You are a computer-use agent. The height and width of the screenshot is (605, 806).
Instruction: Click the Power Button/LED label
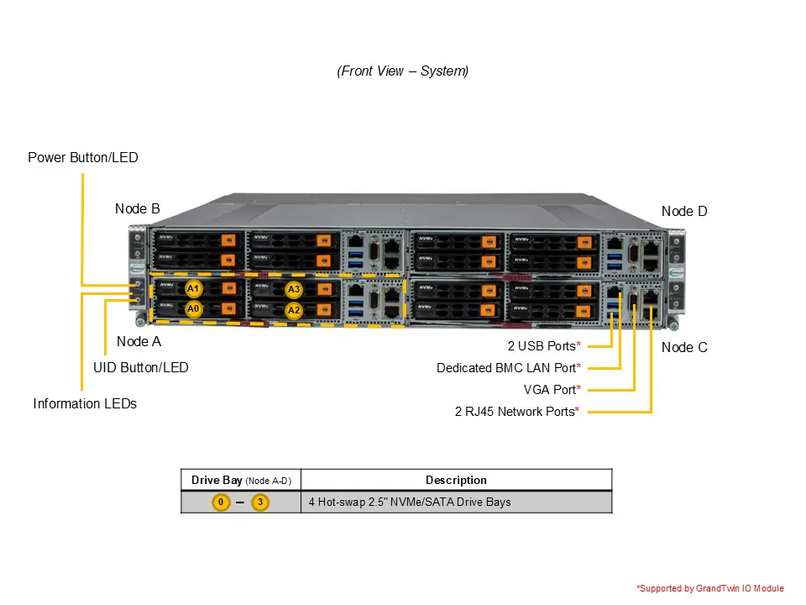click(82, 157)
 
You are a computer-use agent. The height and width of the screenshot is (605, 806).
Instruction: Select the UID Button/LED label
click(141, 367)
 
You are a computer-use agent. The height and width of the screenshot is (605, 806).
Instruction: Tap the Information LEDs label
click(85, 403)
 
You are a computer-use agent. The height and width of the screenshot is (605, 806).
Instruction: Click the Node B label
click(138, 208)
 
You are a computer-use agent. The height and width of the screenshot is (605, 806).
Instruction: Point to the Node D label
click(684, 211)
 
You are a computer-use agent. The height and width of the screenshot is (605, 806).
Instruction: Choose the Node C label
click(684, 347)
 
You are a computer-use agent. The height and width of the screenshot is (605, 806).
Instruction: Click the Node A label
click(139, 341)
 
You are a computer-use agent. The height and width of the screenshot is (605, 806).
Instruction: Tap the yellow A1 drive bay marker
click(194, 289)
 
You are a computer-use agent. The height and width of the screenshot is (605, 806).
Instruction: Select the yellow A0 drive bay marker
click(194, 308)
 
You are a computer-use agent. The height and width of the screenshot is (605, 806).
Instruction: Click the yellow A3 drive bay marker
click(293, 290)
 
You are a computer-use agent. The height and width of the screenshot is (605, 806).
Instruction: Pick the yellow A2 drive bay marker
click(293, 309)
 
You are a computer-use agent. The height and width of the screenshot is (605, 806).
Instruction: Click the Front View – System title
click(403, 71)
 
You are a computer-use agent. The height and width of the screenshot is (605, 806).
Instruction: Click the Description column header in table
click(456, 480)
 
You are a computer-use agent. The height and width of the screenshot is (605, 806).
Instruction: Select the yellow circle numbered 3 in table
click(260, 502)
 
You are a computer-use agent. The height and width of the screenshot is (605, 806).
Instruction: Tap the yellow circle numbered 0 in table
click(220, 502)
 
